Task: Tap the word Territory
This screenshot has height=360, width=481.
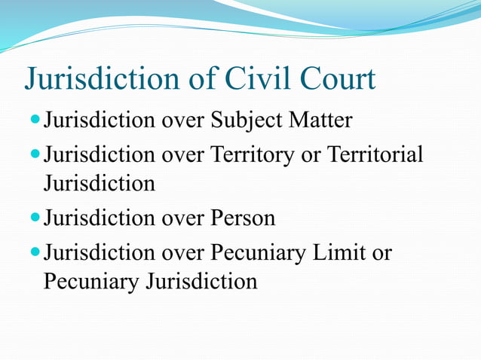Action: click(x=251, y=155)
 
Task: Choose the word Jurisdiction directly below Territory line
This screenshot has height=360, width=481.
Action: click(x=99, y=183)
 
